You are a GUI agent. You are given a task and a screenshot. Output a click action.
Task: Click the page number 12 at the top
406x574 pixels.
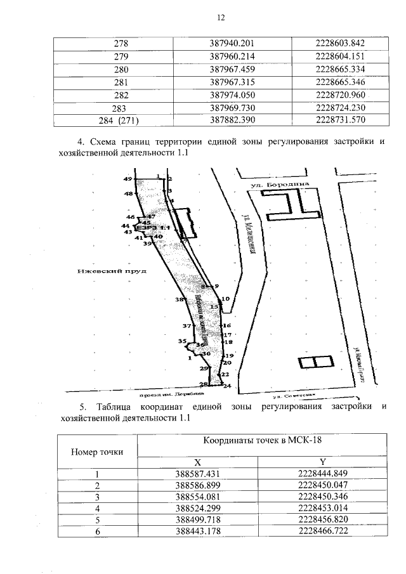[204, 18]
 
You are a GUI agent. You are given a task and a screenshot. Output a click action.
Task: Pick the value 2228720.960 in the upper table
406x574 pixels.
[339, 95]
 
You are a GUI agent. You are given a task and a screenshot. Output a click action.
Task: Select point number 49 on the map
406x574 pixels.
[128, 179]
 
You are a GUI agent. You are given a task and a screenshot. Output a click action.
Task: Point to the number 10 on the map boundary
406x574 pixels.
[225, 298]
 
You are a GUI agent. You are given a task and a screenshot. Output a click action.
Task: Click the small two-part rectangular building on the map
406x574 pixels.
[315, 363]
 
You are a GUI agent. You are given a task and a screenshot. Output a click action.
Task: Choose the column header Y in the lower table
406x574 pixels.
[322, 463]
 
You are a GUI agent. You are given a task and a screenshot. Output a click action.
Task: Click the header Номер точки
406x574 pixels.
[98, 452]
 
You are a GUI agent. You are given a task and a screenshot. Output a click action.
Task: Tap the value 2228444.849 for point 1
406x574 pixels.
[322, 474]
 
